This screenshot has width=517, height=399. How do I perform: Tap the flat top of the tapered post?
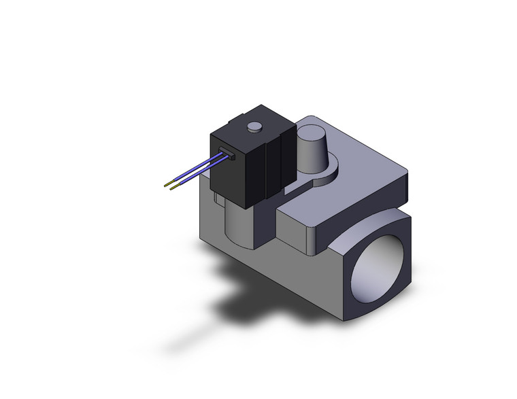click(311, 132)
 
